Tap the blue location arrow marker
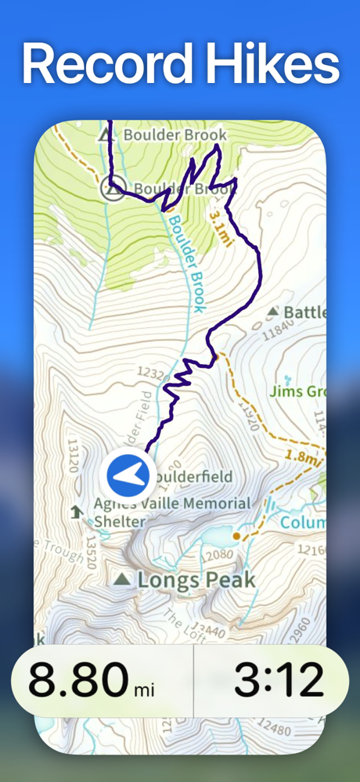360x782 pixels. (x=127, y=474)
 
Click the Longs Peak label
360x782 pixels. (x=196, y=580)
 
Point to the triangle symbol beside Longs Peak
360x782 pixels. (x=121, y=580)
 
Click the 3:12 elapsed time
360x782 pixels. (x=279, y=679)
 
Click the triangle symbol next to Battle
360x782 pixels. (x=272, y=312)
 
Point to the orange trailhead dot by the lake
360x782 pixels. (x=236, y=536)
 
